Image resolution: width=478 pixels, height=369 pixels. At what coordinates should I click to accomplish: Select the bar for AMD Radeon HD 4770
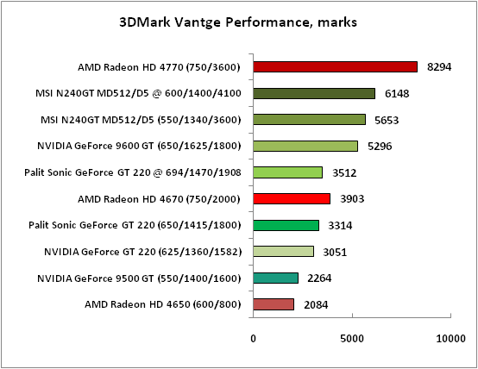coord(335,67)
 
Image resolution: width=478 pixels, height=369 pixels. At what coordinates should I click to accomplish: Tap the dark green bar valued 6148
coord(314,93)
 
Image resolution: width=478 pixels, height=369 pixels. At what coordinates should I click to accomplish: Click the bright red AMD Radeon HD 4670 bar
coord(292,198)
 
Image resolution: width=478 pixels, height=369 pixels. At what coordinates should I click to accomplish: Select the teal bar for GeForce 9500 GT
coord(275,278)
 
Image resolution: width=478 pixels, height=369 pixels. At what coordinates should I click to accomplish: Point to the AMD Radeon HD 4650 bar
coord(274,304)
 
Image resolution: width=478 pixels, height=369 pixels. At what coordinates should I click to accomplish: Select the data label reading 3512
coord(345,172)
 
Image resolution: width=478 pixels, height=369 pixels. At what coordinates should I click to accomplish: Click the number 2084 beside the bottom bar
coord(316,304)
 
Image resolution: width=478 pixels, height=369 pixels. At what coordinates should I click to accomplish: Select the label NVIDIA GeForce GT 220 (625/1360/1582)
coord(142,252)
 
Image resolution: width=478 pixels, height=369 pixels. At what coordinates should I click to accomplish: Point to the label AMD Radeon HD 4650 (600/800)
coord(163,304)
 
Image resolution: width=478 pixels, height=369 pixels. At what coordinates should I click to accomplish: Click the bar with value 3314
coord(286,225)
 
